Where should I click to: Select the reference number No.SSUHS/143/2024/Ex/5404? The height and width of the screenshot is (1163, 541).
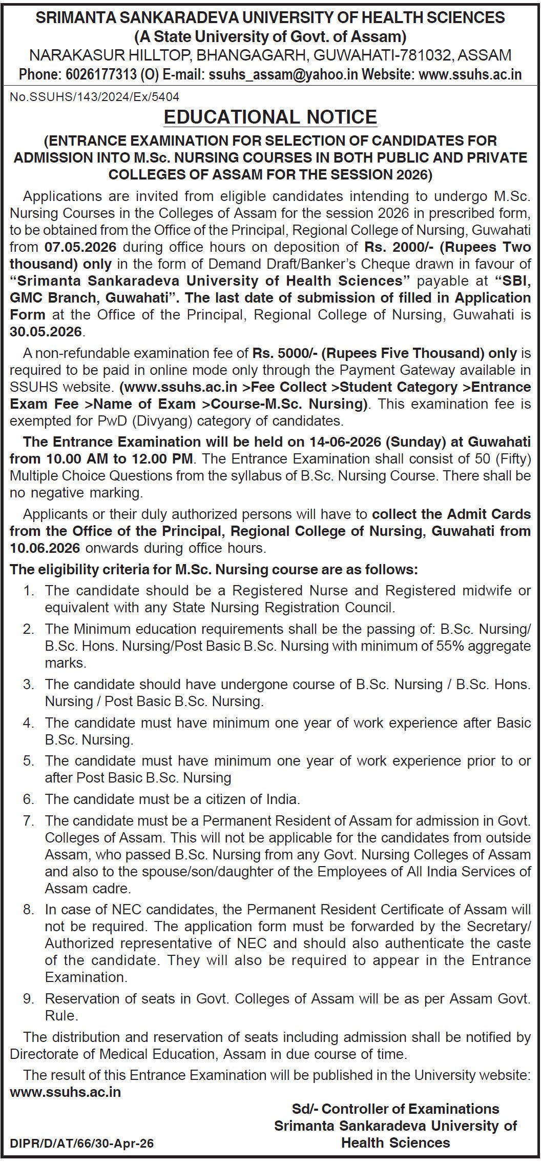[95, 96]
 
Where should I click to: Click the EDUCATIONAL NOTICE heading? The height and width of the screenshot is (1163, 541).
[270, 117]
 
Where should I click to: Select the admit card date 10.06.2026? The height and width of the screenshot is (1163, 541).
[45, 548]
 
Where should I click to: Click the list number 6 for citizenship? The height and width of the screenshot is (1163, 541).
[29, 799]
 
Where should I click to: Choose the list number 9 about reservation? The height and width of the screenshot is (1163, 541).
[29, 999]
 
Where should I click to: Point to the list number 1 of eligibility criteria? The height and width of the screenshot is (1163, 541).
[29, 591]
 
